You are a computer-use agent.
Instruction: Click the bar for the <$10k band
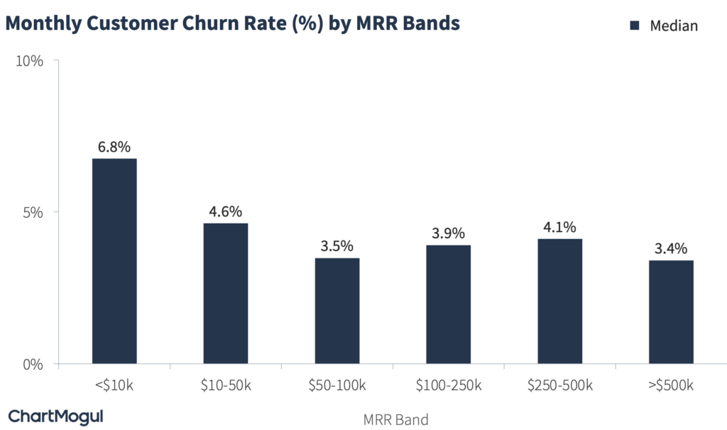click(x=114, y=261)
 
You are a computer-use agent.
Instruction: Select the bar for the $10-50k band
click(x=226, y=294)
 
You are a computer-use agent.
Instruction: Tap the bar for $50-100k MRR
click(x=337, y=311)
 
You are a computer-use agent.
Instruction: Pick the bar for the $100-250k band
click(x=448, y=304)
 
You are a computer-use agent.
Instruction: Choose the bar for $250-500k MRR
click(x=559, y=302)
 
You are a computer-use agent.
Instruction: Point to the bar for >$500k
click(x=671, y=312)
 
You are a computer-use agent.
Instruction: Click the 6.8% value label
click(x=114, y=147)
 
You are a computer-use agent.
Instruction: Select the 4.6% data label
click(x=226, y=211)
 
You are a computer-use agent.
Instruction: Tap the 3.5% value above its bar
click(x=337, y=246)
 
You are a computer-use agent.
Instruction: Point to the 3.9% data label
click(x=448, y=233)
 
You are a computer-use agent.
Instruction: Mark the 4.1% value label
click(x=559, y=227)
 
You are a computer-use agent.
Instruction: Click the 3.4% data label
click(x=671, y=249)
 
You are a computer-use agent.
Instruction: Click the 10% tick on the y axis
click(x=30, y=61)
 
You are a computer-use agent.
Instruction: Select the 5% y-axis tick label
click(x=33, y=212)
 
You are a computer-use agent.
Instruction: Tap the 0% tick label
click(x=33, y=364)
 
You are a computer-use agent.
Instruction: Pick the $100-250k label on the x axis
click(x=448, y=386)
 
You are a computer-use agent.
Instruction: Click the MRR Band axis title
click(x=396, y=419)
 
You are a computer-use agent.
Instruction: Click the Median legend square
click(x=635, y=26)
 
